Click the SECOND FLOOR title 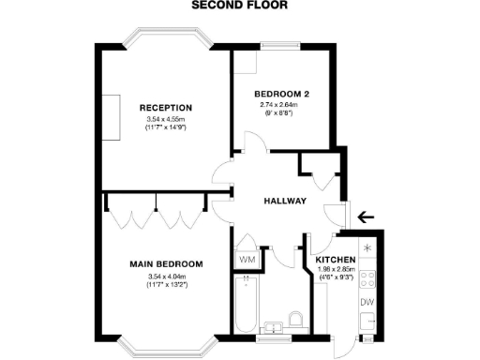239,5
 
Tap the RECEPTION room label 165,107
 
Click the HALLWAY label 282,201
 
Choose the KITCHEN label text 335,260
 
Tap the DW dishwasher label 367,302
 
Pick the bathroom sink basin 273,326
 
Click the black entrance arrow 367,217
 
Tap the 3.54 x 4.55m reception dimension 165,119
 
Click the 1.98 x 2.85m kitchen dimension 335,270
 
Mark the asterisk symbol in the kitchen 367,248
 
